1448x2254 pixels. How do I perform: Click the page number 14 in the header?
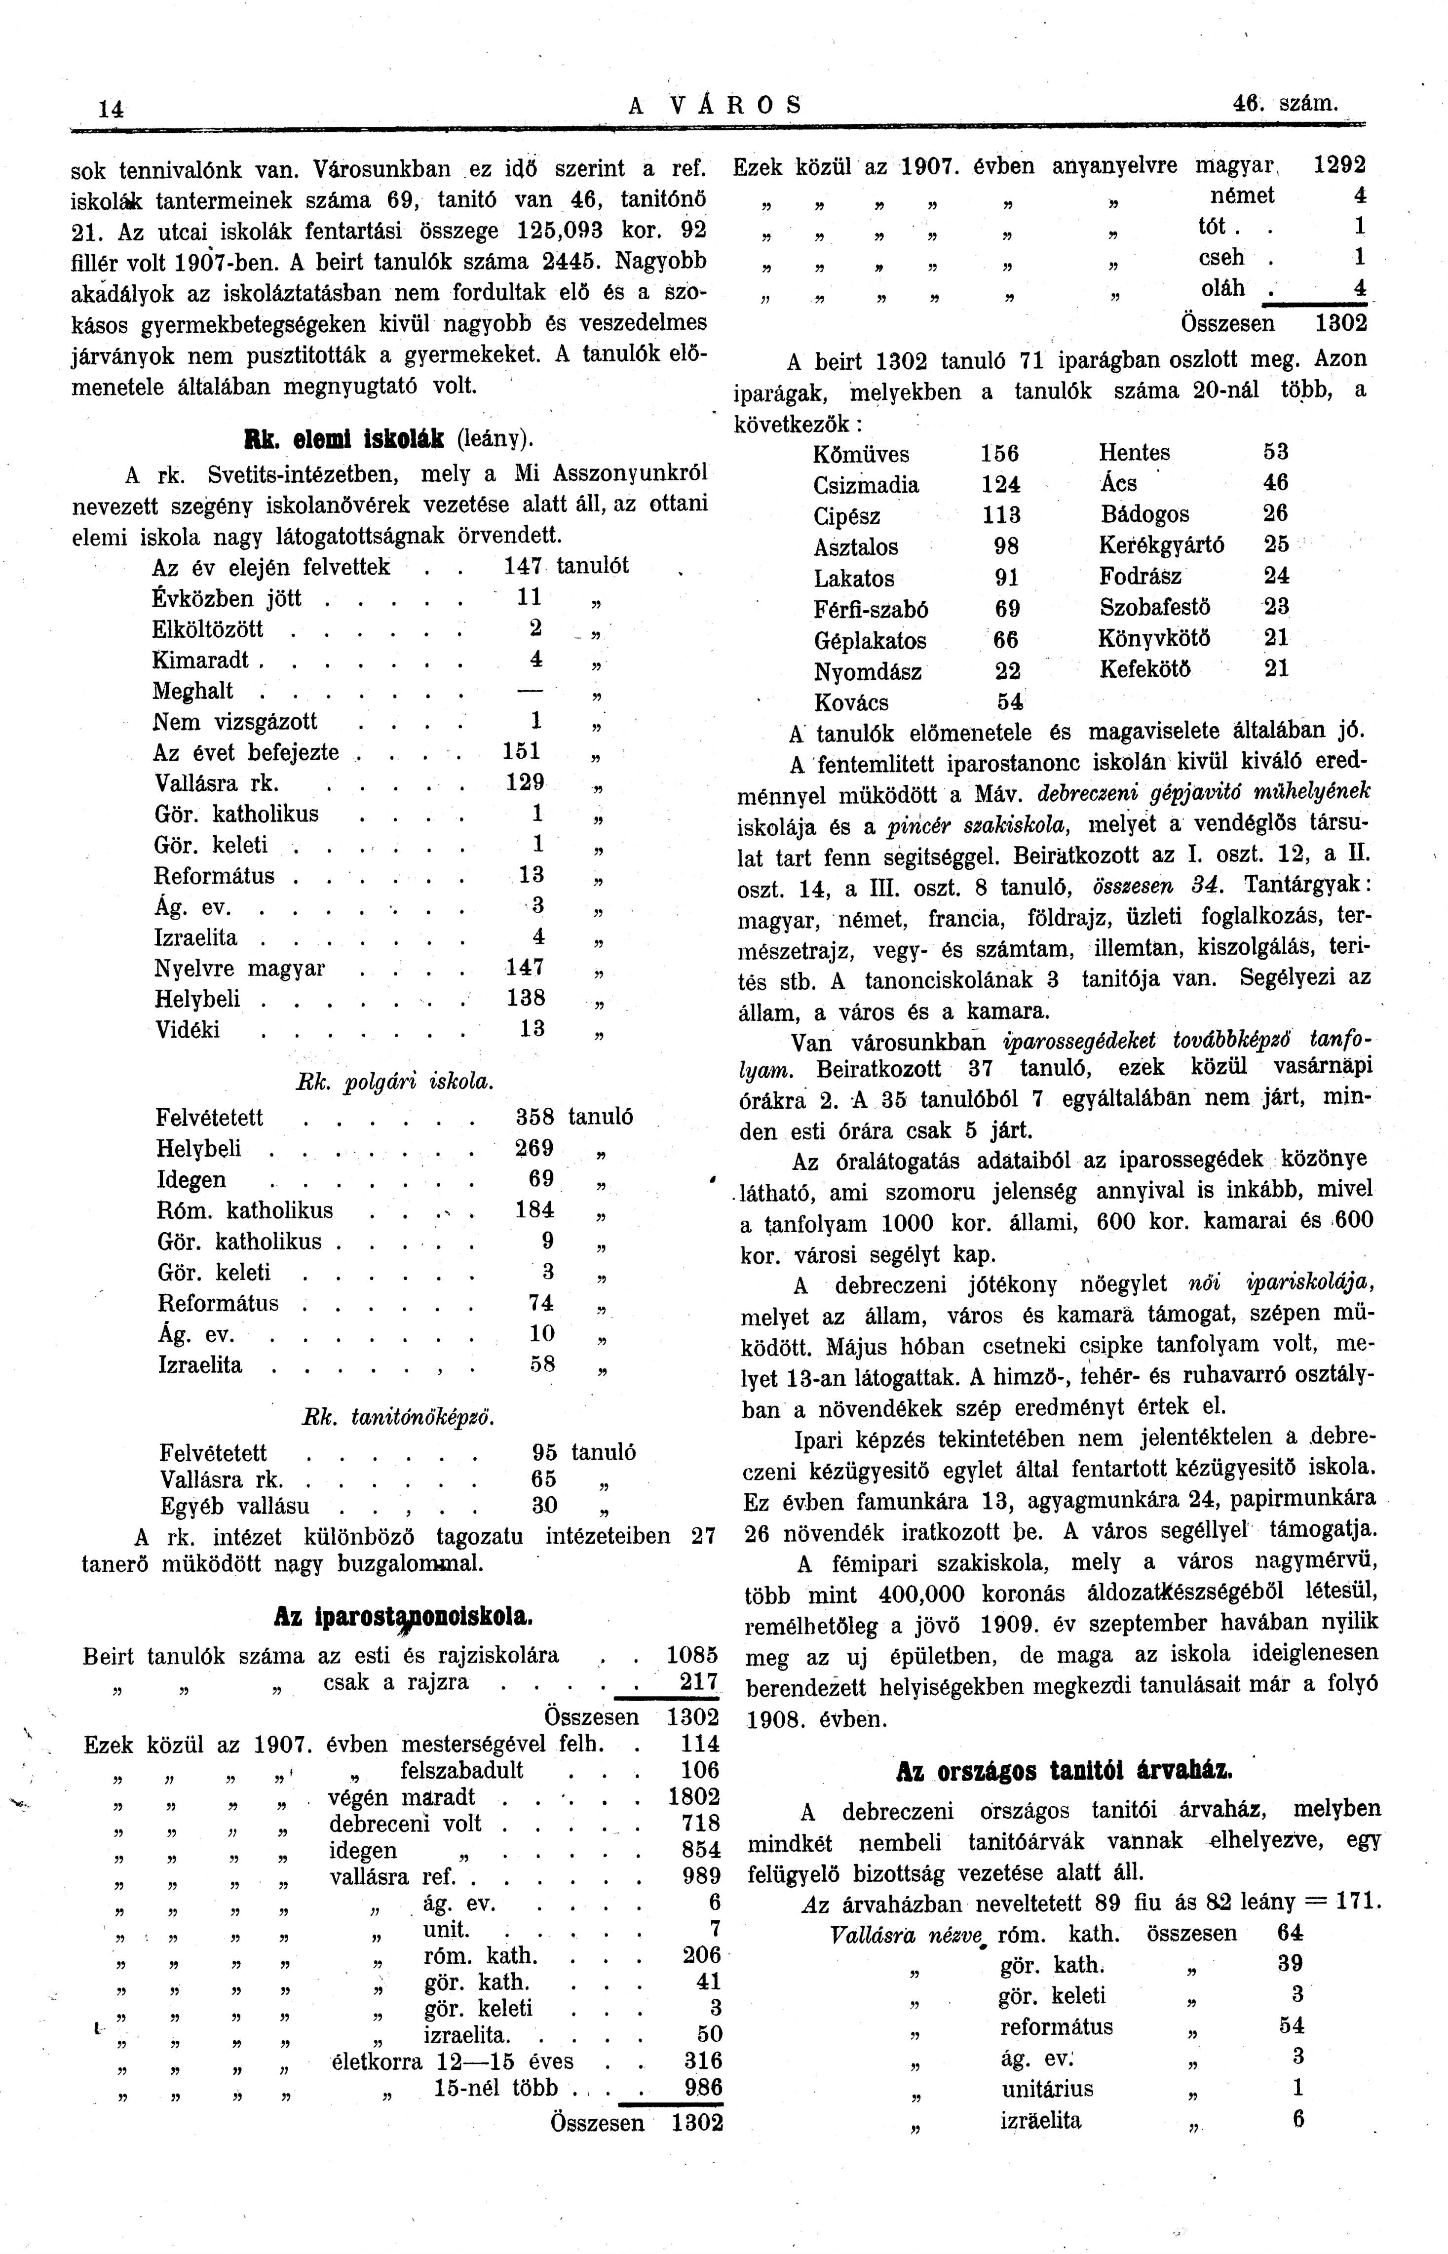pos(111,109)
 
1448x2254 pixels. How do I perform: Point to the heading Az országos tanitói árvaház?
pos(1065,1772)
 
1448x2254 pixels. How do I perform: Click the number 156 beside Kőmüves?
pos(999,454)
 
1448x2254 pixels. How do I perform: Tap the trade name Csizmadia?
pos(866,485)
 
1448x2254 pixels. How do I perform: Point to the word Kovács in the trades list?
pos(851,702)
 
